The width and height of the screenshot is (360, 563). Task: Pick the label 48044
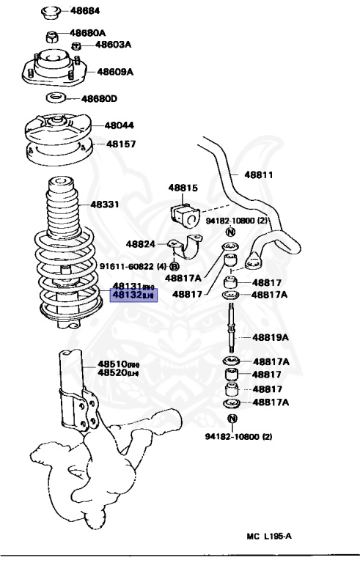coord(119,125)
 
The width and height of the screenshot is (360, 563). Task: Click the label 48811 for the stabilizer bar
coord(259,174)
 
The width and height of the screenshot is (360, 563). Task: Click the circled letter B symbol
coord(175,267)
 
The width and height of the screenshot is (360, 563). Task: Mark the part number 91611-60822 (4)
coord(132,267)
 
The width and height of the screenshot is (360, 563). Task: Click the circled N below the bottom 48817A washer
coord(232,419)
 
